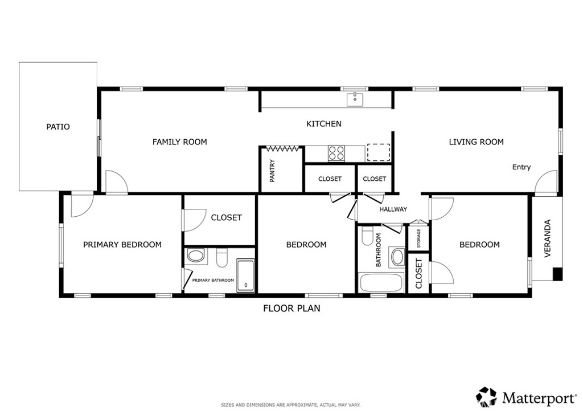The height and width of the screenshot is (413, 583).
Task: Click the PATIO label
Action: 58,127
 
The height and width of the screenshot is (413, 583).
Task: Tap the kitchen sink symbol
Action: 355,100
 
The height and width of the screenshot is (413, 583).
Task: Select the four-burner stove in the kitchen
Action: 336,153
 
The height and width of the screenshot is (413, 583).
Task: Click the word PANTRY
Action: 272,171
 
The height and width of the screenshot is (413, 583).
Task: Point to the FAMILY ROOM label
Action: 179,142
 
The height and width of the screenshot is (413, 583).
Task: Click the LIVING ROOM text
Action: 477,142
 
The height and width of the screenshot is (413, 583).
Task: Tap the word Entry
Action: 522,167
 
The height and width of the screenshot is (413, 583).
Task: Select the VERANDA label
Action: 547,238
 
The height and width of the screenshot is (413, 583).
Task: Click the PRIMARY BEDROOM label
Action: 122,245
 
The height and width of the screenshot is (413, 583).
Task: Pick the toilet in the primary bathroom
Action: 222,258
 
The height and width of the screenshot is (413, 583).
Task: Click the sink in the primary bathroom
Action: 196,256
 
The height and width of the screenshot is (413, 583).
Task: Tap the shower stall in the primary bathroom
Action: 246,275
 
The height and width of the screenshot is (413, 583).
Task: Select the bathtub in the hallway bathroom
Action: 381,284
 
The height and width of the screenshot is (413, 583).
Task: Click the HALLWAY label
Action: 393,209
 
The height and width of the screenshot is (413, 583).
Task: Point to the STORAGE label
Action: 418,238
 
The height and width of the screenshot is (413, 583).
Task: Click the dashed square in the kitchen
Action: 379,152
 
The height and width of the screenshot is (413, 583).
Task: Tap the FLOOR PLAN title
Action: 291,309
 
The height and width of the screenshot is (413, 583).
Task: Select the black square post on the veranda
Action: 557,274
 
